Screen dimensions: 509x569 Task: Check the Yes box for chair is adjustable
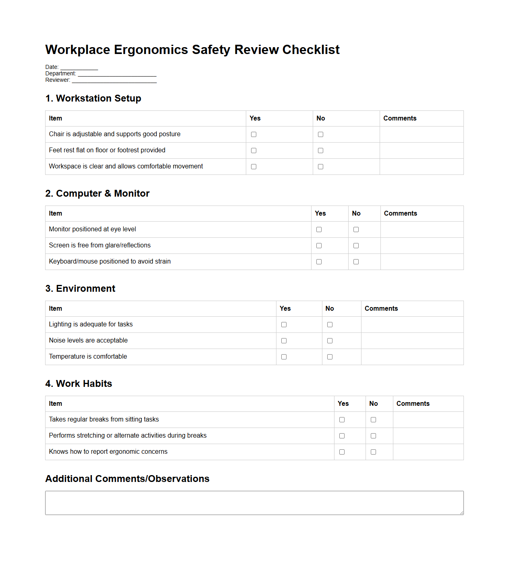(x=253, y=134)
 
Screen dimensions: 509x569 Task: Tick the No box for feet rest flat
(x=320, y=150)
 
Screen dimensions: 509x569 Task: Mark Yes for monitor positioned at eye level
(x=319, y=229)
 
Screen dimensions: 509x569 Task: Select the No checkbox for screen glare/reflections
(x=356, y=245)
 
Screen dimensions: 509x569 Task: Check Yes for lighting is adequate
(x=284, y=324)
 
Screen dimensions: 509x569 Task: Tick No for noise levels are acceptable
(x=330, y=341)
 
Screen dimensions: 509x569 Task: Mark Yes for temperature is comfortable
(x=284, y=357)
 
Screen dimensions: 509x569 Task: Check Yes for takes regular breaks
(x=342, y=419)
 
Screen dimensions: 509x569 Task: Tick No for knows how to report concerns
(x=373, y=452)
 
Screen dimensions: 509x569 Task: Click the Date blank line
(x=79, y=67)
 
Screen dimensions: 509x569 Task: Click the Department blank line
(x=117, y=74)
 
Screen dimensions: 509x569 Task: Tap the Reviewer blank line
(x=114, y=80)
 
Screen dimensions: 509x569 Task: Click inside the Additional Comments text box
(x=254, y=503)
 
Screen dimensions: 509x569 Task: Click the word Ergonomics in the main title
(x=151, y=50)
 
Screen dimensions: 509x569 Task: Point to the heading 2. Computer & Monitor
(x=97, y=193)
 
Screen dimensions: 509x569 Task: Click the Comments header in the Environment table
(x=381, y=308)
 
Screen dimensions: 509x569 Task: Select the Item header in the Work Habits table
(x=56, y=403)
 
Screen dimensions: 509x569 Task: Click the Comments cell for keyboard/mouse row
(x=422, y=262)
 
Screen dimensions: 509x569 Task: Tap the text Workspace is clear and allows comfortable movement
(x=126, y=166)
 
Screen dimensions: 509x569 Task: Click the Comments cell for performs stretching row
(x=428, y=436)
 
